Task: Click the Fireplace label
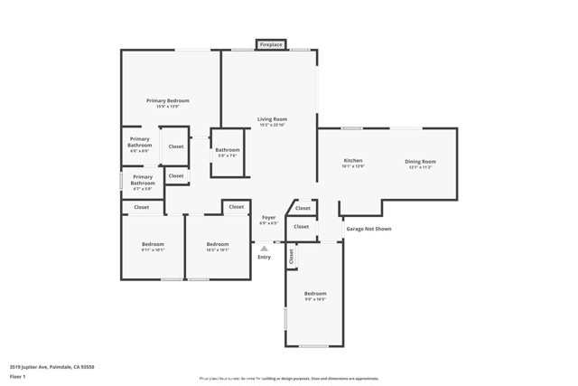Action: click(x=271, y=44)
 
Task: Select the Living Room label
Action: click(x=272, y=118)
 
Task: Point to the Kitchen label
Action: click(x=352, y=161)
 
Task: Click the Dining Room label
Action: click(x=420, y=161)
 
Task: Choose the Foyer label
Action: click(x=268, y=217)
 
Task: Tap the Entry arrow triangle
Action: click(x=264, y=248)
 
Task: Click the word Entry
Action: click(x=264, y=258)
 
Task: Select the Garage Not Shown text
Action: click(x=369, y=229)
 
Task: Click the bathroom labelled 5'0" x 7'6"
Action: click(x=228, y=155)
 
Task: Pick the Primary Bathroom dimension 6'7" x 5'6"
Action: click(x=143, y=188)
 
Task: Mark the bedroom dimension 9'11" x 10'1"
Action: click(x=152, y=249)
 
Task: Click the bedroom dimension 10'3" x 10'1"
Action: click(x=218, y=249)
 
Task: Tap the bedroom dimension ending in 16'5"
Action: click(x=314, y=299)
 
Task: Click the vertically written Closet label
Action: click(x=292, y=257)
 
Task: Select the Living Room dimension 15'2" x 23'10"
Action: click(x=272, y=125)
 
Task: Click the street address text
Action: click(x=51, y=367)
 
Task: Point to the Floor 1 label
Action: click(x=18, y=376)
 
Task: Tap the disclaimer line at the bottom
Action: click(x=288, y=379)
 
